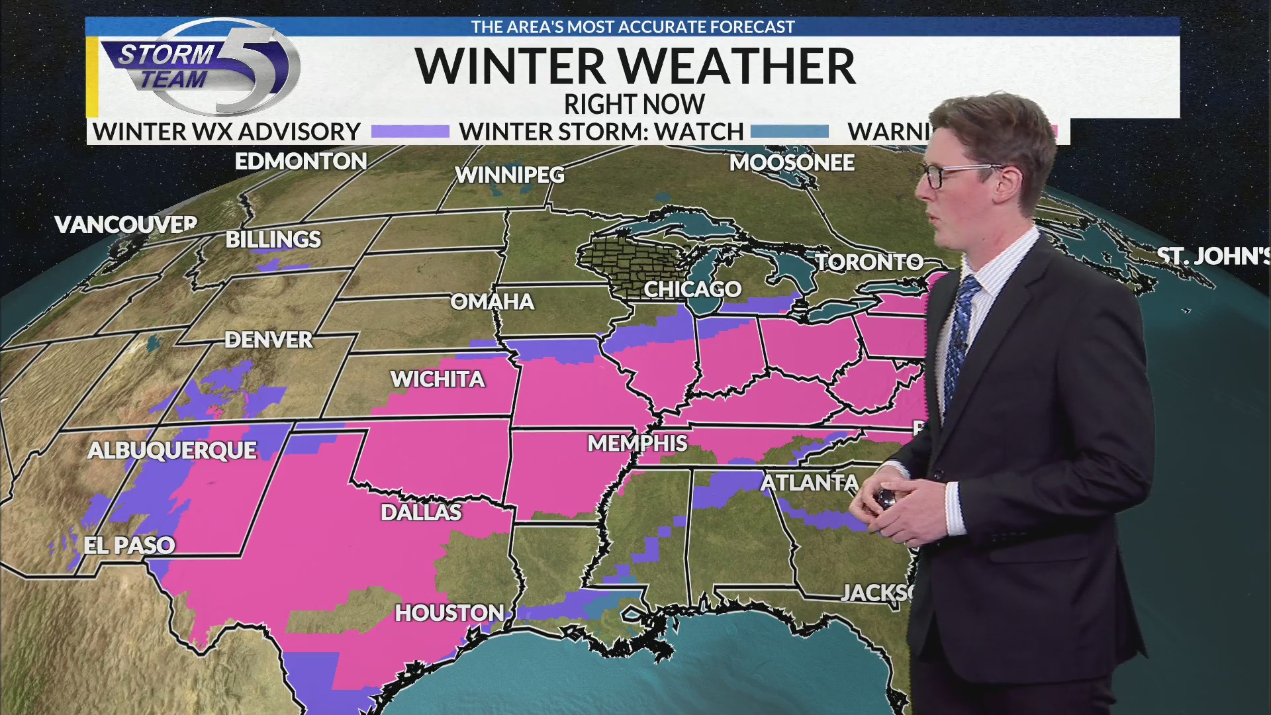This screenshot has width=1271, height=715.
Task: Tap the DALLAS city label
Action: click(x=421, y=512)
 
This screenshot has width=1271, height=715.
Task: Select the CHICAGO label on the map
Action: click(x=692, y=289)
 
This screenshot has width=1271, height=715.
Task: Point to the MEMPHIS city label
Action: click(x=637, y=443)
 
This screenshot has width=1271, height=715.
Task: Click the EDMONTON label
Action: click(x=301, y=161)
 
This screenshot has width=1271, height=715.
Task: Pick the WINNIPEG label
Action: click(x=509, y=175)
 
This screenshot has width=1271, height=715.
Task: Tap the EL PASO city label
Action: click(x=129, y=545)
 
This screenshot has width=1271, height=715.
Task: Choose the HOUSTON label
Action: click(x=449, y=612)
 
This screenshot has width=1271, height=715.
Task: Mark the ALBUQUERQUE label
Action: click(x=172, y=450)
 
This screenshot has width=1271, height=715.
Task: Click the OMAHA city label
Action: click(x=492, y=301)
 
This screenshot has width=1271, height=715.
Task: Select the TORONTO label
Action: click(x=869, y=262)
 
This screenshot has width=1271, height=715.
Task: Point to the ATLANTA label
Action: click(x=809, y=483)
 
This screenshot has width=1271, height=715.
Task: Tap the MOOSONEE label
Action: click(x=792, y=162)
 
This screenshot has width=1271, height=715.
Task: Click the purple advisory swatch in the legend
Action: click(x=410, y=132)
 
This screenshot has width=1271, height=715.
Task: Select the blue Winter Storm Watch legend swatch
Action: click(x=790, y=132)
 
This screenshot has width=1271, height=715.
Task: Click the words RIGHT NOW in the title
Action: click(x=634, y=104)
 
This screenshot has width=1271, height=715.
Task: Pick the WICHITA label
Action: click(x=438, y=379)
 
